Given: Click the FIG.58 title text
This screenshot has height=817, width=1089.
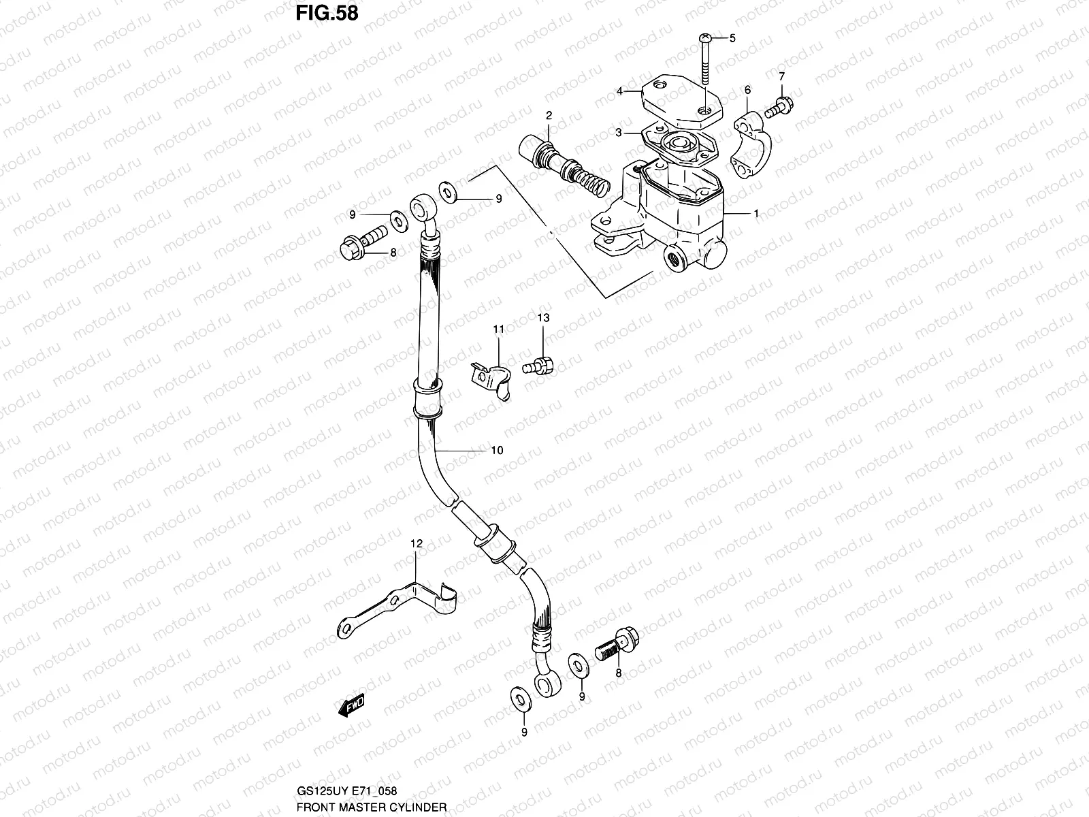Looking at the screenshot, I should click(x=327, y=14).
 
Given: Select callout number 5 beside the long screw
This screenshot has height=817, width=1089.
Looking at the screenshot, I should click(x=732, y=38).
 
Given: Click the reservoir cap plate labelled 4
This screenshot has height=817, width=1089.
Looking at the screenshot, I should click(x=673, y=101).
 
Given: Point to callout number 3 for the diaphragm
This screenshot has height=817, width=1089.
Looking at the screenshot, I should click(x=619, y=133).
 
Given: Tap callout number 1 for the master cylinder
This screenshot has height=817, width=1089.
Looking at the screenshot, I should click(x=756, y=213).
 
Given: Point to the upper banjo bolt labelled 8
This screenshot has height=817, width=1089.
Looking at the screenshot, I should click(x=361, y=246).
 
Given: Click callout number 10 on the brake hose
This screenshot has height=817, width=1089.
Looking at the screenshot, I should click(x=497, y=451).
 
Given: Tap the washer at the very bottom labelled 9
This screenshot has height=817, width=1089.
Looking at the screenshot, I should click(x=519, y=697).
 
